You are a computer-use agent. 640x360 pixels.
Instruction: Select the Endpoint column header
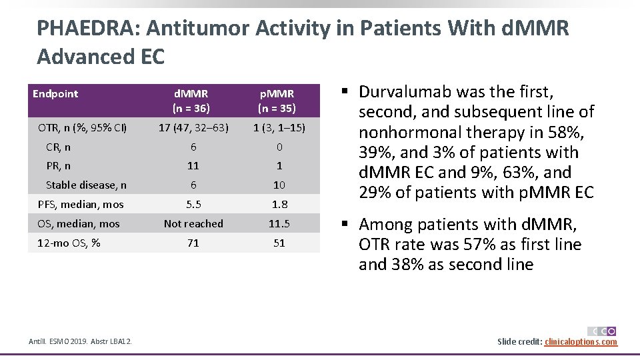pos(55,94)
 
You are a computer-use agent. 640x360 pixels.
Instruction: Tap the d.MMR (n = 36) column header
pos(193,101)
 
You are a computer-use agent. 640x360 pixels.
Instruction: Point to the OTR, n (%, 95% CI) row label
pos(83,127)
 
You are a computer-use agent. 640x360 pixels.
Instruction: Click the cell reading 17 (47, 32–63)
pos(193,127)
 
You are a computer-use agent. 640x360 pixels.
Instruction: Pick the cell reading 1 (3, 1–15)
pos(279,127)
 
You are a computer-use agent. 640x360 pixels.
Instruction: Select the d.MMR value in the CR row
pos(193,147)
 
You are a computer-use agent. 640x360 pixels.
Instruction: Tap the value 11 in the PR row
pos(193,166)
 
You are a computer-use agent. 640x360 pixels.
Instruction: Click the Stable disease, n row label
pos(86,185)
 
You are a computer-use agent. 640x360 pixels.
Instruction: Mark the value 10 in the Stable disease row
pos(279,185)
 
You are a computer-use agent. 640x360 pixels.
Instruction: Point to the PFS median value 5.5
pos(193,205)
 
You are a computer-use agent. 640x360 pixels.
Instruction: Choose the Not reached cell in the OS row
pos(193,224)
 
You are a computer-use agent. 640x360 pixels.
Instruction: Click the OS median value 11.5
pos(279,224)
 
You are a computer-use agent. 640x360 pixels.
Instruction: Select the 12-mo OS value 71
pos(193,243)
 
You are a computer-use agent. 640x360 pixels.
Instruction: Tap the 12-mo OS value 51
pos(279,243)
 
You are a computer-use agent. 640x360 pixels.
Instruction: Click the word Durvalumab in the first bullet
pos(409,91)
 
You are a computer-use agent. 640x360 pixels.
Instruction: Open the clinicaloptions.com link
pos(581,342)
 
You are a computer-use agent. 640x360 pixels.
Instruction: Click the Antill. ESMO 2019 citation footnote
pos(80,342)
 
